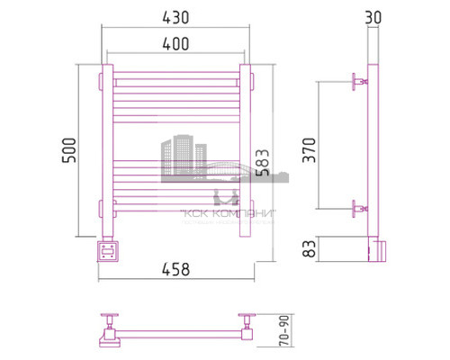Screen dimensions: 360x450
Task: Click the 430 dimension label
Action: coord(175,17)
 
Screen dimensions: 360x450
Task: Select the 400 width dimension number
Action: coord(175,43)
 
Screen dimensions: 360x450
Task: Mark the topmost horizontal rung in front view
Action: coord(175,78)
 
